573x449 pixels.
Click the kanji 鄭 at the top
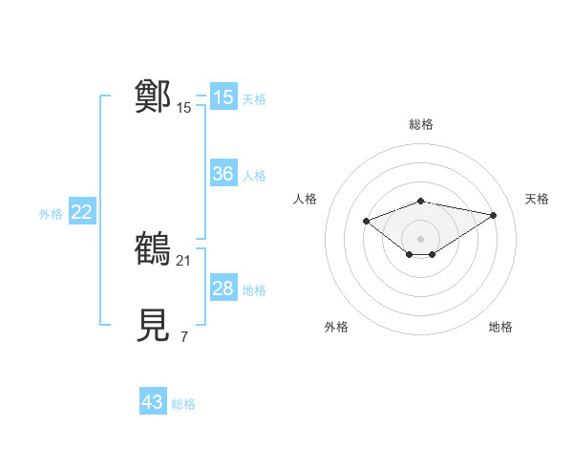click(x=153, y=96)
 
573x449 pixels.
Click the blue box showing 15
click(x=223, y=97)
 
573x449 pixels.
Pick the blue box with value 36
click(x=223, y=175)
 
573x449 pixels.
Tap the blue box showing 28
click(x=223, y=289)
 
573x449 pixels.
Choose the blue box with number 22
click(x=81, y=213)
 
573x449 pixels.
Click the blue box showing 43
click(x=152, y=402)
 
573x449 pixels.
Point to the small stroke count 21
click(x=185, y=260)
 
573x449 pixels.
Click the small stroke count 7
click(x=184, y=336)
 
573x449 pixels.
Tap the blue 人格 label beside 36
click(x=254, y=176)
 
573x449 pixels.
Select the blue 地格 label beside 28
click(x=254, y=290)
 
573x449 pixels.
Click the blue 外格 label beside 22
click(x=51, y=214)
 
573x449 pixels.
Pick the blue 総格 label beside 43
click(x=183, y=404)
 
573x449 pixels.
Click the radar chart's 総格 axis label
click(x=421, y=124)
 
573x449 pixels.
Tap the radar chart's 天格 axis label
click(x=537, y=199)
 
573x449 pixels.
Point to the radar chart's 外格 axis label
click(x=336, y=327)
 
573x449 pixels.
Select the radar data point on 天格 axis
click(x=493, y=215)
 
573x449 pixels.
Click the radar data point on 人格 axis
click(x=366, y=221)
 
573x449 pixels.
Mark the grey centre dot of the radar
click(x=421, y=238)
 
